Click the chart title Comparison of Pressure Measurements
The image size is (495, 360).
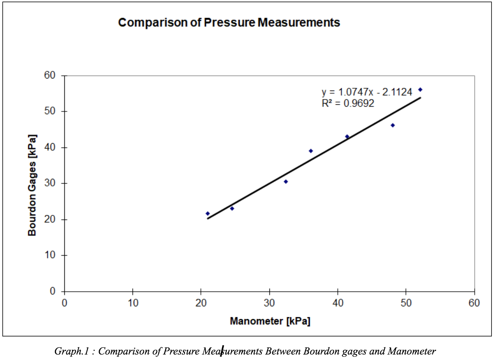229,23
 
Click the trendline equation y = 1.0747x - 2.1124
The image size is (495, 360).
367,92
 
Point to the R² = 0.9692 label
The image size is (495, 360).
348,103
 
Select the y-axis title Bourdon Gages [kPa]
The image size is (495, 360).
32,185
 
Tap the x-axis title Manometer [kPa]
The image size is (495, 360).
270,321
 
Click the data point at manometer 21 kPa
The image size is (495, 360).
207,213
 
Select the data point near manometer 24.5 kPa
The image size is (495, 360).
232,208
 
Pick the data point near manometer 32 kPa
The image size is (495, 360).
286,182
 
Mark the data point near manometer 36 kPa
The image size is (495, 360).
311,151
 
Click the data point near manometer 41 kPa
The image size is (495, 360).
347,136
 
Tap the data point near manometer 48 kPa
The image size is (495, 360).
393,125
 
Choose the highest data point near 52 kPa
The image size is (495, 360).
420,89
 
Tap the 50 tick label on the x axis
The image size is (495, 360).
406,303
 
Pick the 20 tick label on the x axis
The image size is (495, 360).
201,303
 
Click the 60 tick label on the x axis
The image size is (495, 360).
474,303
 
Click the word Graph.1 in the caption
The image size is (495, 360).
69,351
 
